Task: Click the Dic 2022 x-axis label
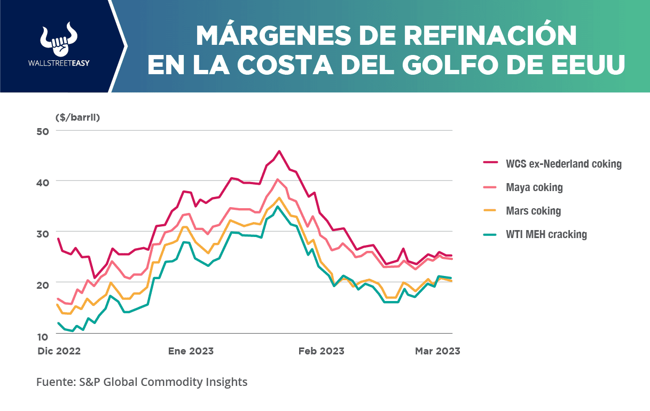coord(58,351)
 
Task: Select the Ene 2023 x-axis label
coord(191,351)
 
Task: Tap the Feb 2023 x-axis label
coord(321,351)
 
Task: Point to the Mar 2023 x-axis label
coord(437,351)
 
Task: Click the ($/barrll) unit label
coord(77,117)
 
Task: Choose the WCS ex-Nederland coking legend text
coord(563,164)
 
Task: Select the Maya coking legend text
coord(534,187)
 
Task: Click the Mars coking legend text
coord(533,211)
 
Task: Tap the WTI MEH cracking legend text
coord(546,234)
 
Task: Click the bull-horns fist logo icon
coord(59,39)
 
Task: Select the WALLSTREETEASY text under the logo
coord(59,63)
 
